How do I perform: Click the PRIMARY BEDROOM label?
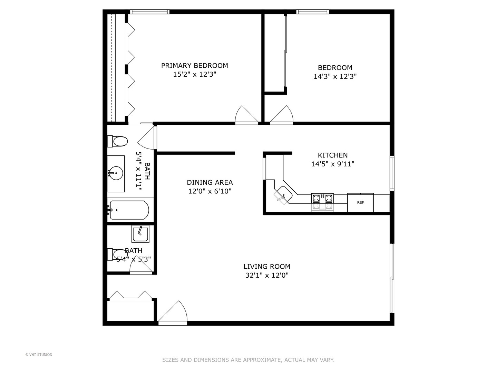coord(195,66)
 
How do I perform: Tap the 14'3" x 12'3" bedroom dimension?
coord(335,77)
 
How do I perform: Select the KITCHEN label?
coord(333,155)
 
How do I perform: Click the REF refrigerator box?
coord(360,202)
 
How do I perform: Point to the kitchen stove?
coord(322,202)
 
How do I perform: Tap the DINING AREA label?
coord(209,182)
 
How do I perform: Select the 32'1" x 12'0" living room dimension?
coord(267,275)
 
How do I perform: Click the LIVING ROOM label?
coord(267,266)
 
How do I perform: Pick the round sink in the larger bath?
coord(116,173)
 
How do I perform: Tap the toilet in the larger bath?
coord(117,141)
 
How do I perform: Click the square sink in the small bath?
coord(140,234)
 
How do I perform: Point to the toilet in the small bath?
coord(117,255)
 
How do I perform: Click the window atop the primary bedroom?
coord(150,12)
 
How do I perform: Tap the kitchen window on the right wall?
coord(392,173)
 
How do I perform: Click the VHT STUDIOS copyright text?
coord(39,355)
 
